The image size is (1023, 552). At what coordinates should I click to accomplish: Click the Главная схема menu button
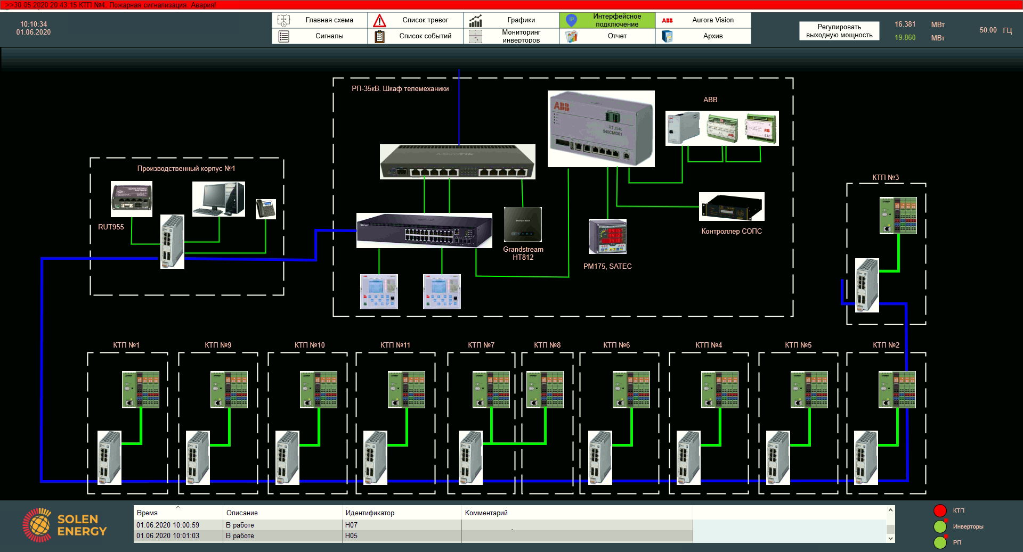pyautogui.click(x=320, y=20)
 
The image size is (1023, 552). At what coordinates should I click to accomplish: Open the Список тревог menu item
pyautogui.click(x=416, y=20)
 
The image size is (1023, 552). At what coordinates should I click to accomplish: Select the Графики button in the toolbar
pyautogui.click(x=511, y=20)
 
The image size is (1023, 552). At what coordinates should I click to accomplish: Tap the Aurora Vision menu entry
pyautogui.click(x=703, y=20)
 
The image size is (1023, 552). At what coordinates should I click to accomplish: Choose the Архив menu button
pyautogui.click(x=703, y=36)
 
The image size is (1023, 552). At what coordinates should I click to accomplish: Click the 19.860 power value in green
pyautogui.click(x=905, y=38)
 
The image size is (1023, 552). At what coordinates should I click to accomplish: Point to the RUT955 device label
pyautogui.click(x=111, y=227)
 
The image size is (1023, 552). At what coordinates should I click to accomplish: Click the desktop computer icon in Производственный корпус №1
pyautogui.click(x=218, y=199)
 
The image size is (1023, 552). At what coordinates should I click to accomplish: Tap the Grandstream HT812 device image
pyautogui.click(x=523, y=225)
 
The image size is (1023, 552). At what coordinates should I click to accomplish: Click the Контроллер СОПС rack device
pyautogui.click(x=732, y=207)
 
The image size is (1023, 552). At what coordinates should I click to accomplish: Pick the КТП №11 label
pyautogui.click(x=395, y=345)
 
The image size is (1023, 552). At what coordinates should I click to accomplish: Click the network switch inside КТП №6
pyautogui.click(x=600, y=458)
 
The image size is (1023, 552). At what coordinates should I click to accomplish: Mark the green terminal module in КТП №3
pyautogui.click(x=898, y=216)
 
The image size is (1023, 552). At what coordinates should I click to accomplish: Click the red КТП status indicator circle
pyautogui.click(x=940, y=510)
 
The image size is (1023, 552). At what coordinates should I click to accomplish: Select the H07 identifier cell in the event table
pyautogui.click(x=352, y=525)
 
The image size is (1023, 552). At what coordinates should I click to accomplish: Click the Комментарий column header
pyautogui.click(x=486, y=513)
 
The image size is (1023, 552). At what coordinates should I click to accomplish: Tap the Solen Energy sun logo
pyautogui.click(x=37, y=525)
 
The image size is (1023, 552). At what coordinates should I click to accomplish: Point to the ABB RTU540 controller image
pyautogui.click(x=601, y=129)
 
